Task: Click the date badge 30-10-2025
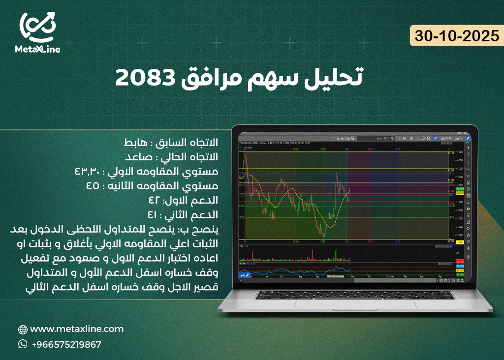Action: (x=457, y=36)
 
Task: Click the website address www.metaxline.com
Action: (x=77, y=329)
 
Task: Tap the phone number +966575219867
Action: (x=66, y=344)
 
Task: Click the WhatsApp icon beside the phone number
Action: (x=23, y=344)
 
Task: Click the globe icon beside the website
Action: (x=23, y=330)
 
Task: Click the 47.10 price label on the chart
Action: (x=450, y=153)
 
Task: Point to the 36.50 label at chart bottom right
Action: (x=450, y=241)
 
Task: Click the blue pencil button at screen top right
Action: (x=468, y=139)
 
